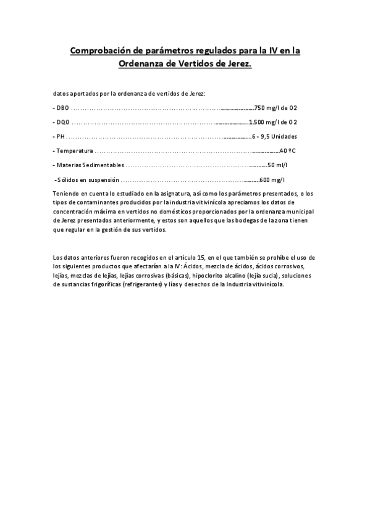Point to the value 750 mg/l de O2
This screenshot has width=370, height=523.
[x=276, y=107]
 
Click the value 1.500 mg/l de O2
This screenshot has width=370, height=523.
[x=273, y=121]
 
